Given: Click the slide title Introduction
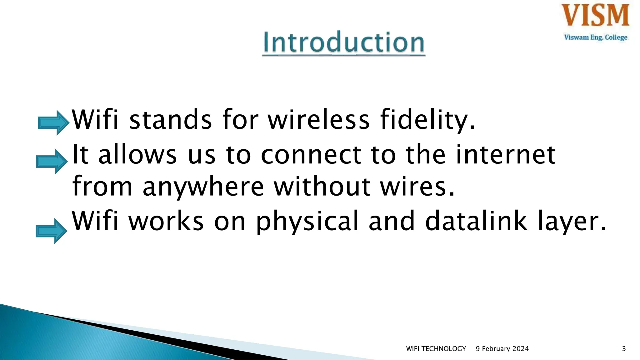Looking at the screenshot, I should (x=343, y=42).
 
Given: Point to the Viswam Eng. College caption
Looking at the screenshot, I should (x=596, y=37).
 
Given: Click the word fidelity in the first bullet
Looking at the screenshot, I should (x=427, y=120).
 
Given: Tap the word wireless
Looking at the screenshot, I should (x=319, y=120).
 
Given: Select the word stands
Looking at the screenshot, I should (x=171, y=120).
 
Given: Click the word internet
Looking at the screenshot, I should (x=505, y=154).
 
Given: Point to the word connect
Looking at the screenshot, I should (x=311, y=155).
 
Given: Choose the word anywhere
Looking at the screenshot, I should (x=203, y=187).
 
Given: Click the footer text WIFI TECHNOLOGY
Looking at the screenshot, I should (x=436, y=349).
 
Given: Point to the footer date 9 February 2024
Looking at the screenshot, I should (x=502, y=349).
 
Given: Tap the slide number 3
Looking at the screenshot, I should (x=624, y=349).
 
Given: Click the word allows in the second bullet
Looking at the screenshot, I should (x=137, y=154).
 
